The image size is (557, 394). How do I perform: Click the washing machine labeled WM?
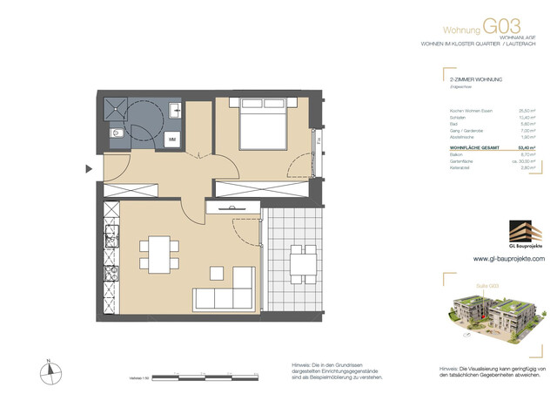pos(172,139)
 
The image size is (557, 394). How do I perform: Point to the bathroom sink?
pos(175,112)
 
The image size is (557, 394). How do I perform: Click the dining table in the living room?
pos(159,254)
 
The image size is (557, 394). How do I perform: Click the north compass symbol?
pos(52,370)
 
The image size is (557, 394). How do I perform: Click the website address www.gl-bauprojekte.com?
pos(509,259)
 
